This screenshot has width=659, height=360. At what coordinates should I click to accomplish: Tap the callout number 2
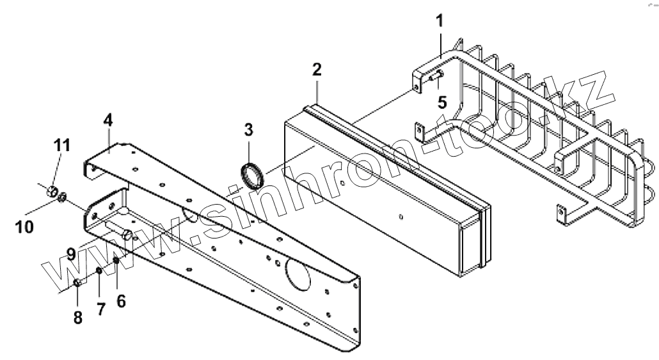tap(317, 70)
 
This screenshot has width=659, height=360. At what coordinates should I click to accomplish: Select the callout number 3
tap(248, 129)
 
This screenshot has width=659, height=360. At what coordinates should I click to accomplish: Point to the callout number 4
tap(108, 120)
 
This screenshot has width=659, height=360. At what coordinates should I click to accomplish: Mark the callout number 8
tap(77, 318)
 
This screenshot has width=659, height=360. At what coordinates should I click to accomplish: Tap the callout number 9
tap(72, 254)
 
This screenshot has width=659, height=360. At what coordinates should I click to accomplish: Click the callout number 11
tap(62, 145)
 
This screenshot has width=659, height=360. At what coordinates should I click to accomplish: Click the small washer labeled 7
tap(100, 271)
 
